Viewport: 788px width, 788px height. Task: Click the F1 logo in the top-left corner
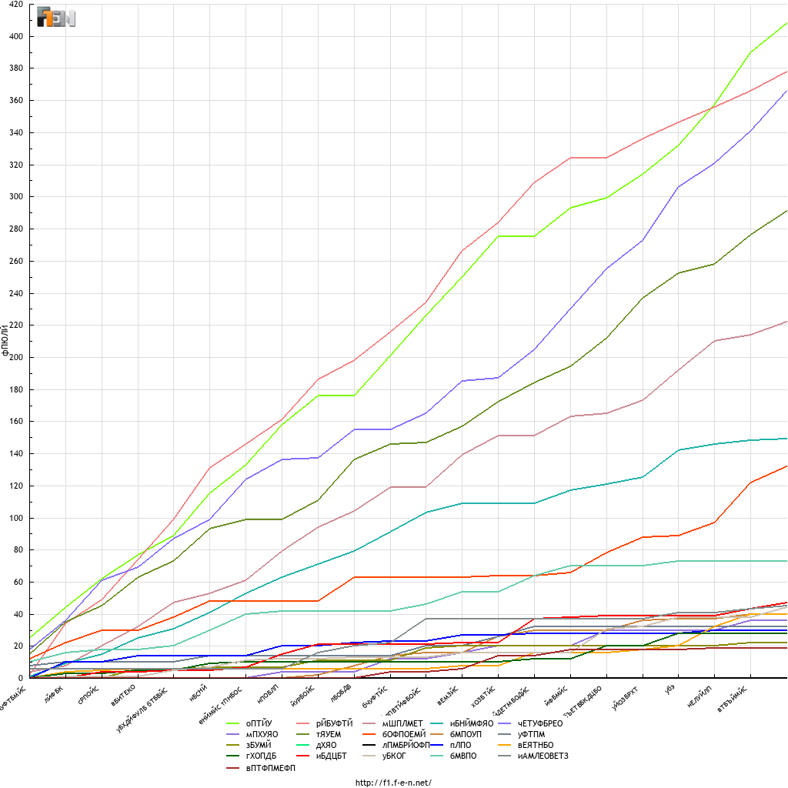click(56, 17)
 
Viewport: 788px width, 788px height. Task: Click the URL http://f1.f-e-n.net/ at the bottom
click(393, 783)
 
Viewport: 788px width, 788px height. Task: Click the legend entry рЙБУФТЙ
click(334, 723)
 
